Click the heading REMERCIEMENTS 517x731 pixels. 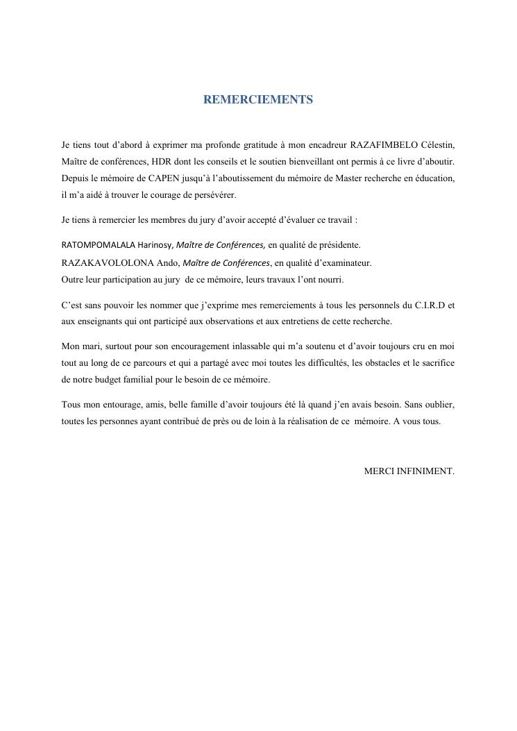pos(258,100)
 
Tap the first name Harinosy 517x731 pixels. pos(154,245)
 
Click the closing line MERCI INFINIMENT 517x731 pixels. pos(409,471)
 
